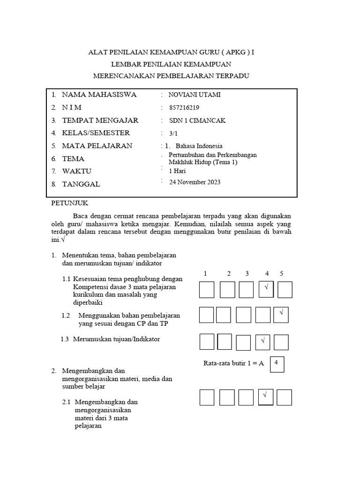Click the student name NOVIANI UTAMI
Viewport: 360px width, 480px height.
tap(195, 95)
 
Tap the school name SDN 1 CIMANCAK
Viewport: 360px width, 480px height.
tap(197, 120)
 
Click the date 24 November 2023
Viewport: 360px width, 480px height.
tap(195, 182)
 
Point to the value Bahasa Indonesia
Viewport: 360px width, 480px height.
tap(199, 146)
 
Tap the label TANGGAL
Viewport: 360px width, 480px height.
tap(81, 184)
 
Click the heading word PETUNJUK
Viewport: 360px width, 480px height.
tap(69, 203)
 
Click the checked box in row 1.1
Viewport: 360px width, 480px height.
tap(266, 290)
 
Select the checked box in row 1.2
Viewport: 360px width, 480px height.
tap(281, 315)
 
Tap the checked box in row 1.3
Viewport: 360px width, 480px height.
tap(262, 342)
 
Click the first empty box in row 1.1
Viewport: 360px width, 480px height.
tap(207, 290)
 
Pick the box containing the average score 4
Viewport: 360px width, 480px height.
tap(277, 364)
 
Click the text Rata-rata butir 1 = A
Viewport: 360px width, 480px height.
tap(234, 363)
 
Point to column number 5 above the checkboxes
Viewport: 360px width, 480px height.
tap(282, 273)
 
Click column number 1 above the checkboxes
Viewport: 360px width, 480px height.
tap(205, 273)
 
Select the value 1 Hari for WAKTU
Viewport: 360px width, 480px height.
tap(178, 171)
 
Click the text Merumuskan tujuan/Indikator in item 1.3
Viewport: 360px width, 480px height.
tap(116, 339)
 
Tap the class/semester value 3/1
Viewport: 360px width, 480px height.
tap(174, 133)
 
